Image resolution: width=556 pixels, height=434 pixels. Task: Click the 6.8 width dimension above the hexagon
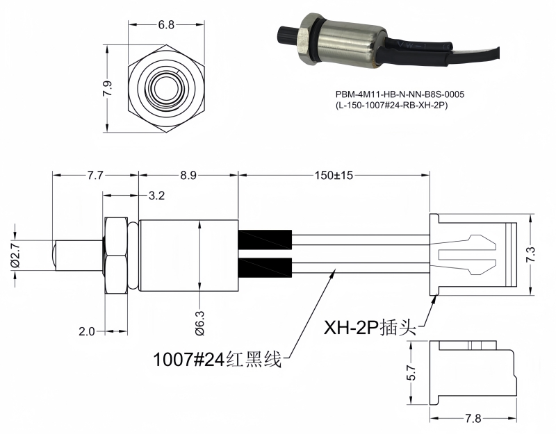click(166, 25)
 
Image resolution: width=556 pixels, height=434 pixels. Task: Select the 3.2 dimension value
click(156, 197)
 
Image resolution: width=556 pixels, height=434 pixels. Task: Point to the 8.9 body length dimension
click(188, 176)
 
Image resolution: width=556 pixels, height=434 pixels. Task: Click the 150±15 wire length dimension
click(334, 176)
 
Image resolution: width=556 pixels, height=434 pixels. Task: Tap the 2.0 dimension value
click(86, 332)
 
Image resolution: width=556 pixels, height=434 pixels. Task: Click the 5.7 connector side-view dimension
click(411, 373)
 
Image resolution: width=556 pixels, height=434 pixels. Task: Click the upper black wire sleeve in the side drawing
click(265, 239)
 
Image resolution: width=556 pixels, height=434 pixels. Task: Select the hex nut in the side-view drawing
click(115, 256)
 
